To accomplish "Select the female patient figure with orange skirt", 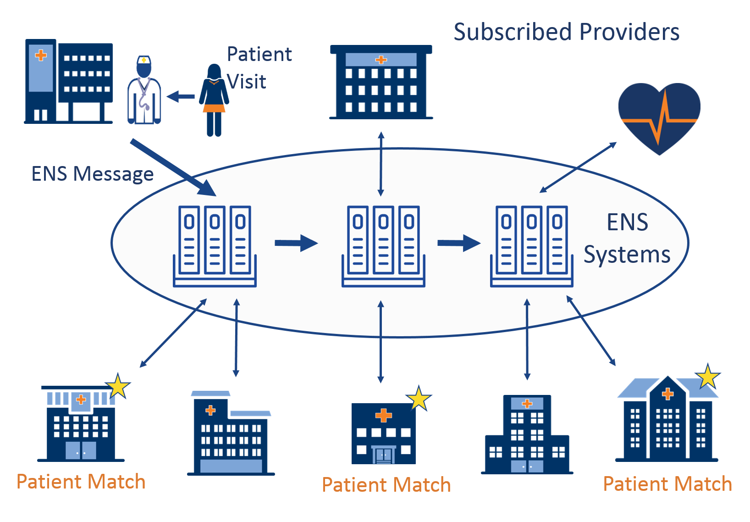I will click(x=214, y=100).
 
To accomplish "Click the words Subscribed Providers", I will click(x=566, y=32).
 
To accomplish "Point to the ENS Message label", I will click(x=92, y=174).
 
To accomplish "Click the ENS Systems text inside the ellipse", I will click(x=627, y=239).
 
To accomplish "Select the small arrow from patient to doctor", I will click(x=181, y=97).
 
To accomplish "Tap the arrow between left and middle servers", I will click(x=296, y=243).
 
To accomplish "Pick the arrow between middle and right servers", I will click(x=459, y=243).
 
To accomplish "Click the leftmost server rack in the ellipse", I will click(x=215, y=246).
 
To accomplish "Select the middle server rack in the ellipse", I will click(x=383, y=246).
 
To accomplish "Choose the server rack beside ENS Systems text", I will click(x=531, y=246).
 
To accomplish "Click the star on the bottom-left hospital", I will click(x=118, y=386).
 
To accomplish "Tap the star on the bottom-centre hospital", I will click(x=419, y=398).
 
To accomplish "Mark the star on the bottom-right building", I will click(x=708, y=377).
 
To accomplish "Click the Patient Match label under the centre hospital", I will click(x=386, y=485).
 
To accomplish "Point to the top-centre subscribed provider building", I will click(x=381, y=83).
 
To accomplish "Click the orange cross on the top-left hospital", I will click(x=41, y=56).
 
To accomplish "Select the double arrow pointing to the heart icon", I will click(x=578, y=167).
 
